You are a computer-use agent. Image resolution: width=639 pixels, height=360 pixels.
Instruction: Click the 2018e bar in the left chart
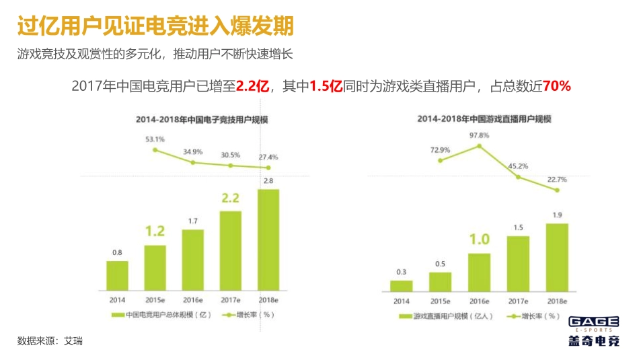[x=268, y=239]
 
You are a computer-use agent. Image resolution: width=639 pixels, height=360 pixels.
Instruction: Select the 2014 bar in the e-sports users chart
[x=117, y=275]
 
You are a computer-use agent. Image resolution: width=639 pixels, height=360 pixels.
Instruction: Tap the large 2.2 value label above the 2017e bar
[x=230, y=199]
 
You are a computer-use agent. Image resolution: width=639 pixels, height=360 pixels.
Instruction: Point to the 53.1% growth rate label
[x=155, y=139]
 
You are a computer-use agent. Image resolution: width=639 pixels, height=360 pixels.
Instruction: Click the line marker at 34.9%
[x=193, y=162]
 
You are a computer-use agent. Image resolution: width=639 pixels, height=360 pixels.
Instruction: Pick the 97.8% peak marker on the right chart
[x=480, y=146]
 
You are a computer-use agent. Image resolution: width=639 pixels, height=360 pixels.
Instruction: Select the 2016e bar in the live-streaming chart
[x=480, y=272]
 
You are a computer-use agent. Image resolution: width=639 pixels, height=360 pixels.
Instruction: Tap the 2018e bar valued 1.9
[x=557, y=257]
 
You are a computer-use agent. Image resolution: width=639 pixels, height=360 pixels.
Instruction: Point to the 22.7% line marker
[x=557, y=190]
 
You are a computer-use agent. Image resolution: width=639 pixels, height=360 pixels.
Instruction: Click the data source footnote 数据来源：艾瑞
[x=50, y=341]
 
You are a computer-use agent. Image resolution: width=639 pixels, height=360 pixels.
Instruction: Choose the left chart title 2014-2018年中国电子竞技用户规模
[x=192, y=119]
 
